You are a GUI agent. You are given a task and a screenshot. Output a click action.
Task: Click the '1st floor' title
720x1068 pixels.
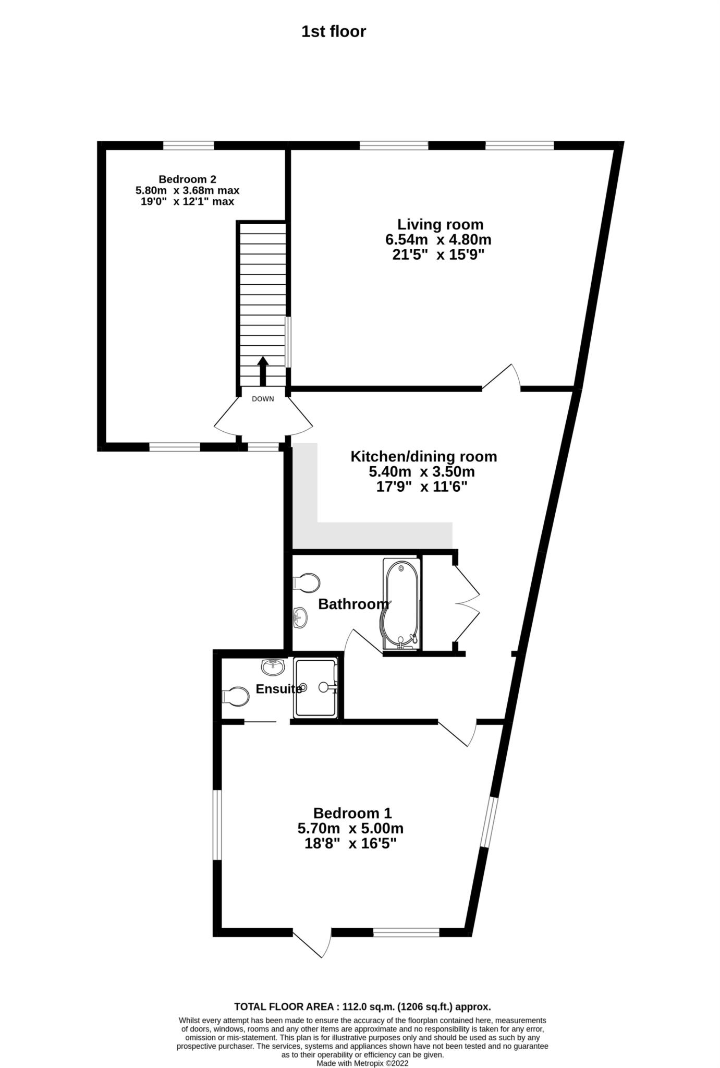coord(334,31)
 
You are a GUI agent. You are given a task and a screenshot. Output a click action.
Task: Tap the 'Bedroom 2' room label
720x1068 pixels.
coord(187,179)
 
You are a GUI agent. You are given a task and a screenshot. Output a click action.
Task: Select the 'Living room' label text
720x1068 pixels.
coord(441,225)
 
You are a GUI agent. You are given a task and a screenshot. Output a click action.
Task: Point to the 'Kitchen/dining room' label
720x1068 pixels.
coord(423,457)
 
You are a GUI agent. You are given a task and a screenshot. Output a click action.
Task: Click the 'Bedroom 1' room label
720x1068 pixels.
coord(352,813)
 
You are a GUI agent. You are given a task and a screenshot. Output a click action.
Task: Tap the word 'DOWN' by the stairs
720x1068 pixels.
coord(263,399)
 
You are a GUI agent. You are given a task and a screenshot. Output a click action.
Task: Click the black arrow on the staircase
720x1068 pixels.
coord(263,371)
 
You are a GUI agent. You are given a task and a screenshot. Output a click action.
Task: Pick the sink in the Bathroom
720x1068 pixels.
coord(300,618)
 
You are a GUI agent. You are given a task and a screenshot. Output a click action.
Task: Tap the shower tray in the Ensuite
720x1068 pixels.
coord(316,687)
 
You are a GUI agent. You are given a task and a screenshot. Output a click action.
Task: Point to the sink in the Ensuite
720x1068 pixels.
coord(273,666)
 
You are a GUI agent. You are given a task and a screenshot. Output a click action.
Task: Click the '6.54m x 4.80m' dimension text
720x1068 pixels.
coord(438,240)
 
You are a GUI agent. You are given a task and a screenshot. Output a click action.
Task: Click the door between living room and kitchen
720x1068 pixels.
coord(502,378)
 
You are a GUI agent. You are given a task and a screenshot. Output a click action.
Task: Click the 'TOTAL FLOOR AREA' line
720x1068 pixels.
coord(362,1007)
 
